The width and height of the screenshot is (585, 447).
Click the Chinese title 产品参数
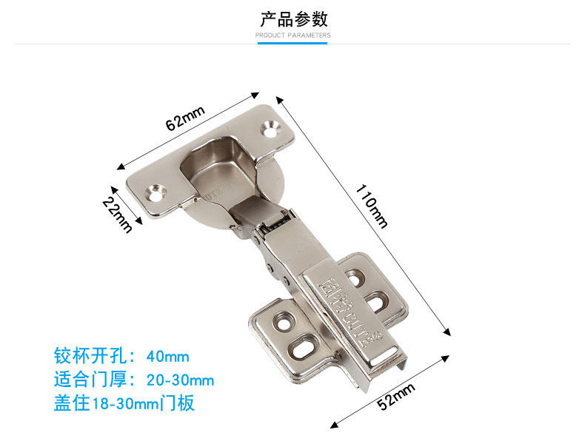[293, 19]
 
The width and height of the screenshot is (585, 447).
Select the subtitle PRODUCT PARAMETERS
[293, 35]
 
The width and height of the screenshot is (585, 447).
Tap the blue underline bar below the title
[292, 43]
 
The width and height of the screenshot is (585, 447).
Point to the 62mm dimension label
[184, 118]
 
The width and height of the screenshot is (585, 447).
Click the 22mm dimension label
[118, 215]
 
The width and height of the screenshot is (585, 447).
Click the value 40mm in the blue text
[168, 356]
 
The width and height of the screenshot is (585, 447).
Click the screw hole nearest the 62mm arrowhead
[272, 130]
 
